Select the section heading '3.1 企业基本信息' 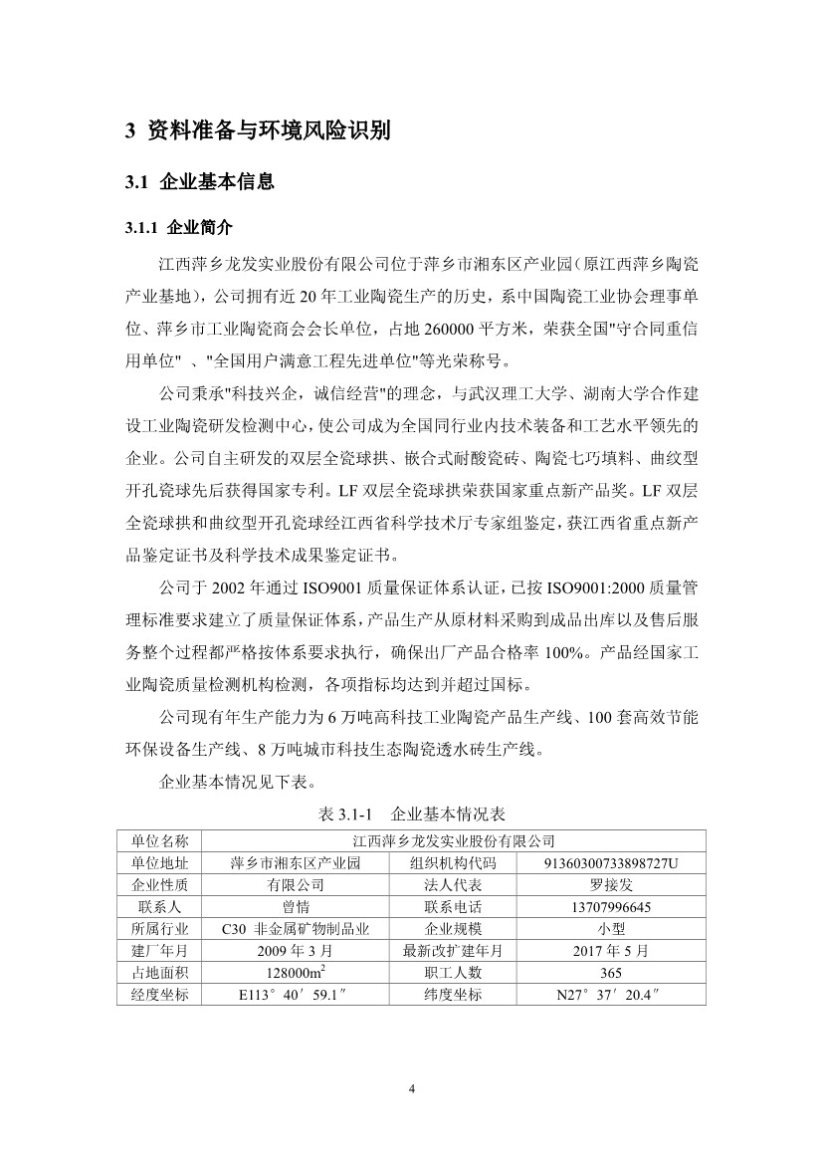[x=199, y=182]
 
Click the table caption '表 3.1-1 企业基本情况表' [x=411, y=814]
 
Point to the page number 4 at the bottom [x=411, y=1088]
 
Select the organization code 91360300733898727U [x=611, y=862]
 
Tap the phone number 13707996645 [x=611, y=906]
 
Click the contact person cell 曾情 [x=296, y=906]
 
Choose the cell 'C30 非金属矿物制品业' [x=296, y=928]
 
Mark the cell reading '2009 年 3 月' [x=296, y=950]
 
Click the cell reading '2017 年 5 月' [x=611, y=950]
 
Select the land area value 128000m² [x=296, y=972]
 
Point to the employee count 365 [x=611, y=973]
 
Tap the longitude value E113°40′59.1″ [x=296, y=995]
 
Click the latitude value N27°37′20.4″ [x=611, y=995]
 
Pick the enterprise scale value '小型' [x=611, y=928]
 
